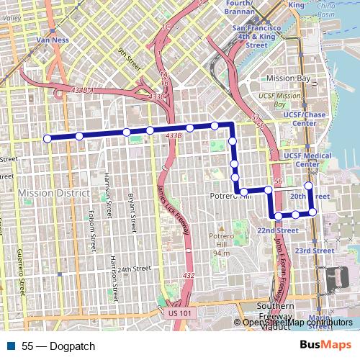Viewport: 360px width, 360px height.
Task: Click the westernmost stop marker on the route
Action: pyautogui.click(x=47, y=138)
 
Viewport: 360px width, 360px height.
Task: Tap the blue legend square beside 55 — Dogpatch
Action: pyautogui.click(x=11, y=346)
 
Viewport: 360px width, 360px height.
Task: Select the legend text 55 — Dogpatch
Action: pyautogui.click(x=58, y=346)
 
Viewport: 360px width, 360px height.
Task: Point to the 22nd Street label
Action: pyautogui.click(x=278, y=230)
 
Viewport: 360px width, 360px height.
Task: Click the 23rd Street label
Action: pyautogui.click(x=313, y=251)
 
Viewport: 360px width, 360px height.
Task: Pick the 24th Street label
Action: pyautogui.click(x=135, y=269)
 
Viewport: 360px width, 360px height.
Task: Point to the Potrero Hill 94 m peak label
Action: pyautogui.click(x=221, y=244)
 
